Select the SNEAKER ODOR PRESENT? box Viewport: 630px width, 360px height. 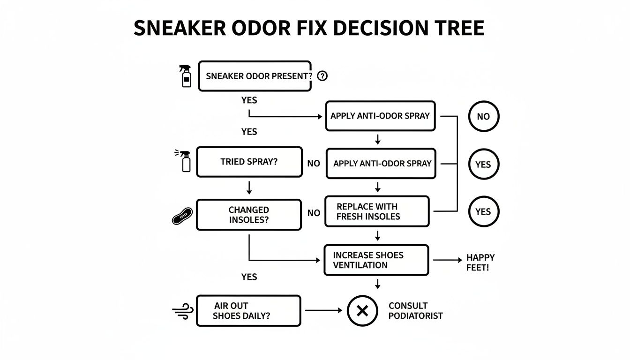pyautogui.click(x=255, y=76)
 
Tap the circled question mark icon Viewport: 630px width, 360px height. pyautogui.click(x=322, y=76)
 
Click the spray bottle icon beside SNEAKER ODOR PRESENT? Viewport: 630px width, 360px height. pyautogui.click(x=186, y=76)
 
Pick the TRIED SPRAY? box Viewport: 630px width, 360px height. pyautogui.click(x=249, y=162)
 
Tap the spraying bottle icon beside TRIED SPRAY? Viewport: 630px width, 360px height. pyautogui.click(x=185, y=161)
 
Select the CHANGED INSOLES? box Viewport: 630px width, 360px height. pyautogui.click(x=248, y=215)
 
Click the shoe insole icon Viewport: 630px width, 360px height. pyautogui.click(x=182, y=216)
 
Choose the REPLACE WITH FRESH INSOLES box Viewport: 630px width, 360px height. pyautogui.click(x=376, y=211)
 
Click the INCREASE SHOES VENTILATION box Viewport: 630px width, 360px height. pyautogui.click(x=376, y=260)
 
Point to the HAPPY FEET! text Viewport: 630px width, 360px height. pyautogui.click(x=480, y=263)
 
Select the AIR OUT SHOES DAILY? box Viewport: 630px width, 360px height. pyautogui.click(x=248, y=311)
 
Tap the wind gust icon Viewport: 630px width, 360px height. pyautogui.click(x=183, y=311)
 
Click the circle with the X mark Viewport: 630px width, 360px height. pyautogui.click(x=362, y=311)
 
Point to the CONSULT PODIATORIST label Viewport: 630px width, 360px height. pyautogui.click(x=415, y=311)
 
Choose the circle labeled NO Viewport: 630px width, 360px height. pyautogui.click(x=483, y=116)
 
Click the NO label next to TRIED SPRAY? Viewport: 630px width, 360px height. pyautogui.click(x=314, y=163)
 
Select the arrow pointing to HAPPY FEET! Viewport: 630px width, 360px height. pyautogui.click(x=447, y=260)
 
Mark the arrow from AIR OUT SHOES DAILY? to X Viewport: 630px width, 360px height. pyautogui.click(x=323, y=310)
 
